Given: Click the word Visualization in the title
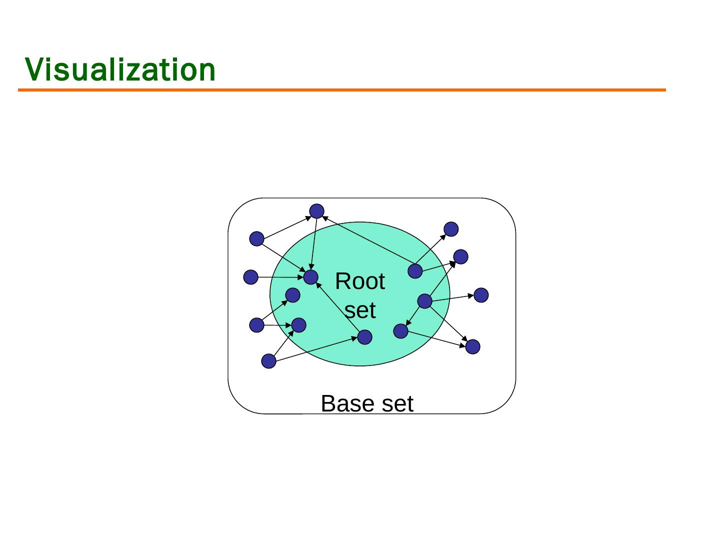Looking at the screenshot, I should (x=120, y=69).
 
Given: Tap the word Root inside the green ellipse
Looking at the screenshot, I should (x=360, y=281).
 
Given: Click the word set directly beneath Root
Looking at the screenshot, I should (x=360, y=310).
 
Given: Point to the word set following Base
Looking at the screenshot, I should (x=396, y=403).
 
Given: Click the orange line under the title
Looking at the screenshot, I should (x=342, y=90).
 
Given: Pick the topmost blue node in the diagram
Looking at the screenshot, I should (x=316, y=211).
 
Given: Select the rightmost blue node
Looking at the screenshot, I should (x=481, y=295).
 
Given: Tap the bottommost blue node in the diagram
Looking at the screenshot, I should (x=268, y=360).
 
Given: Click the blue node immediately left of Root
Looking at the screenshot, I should (x=310, y=277).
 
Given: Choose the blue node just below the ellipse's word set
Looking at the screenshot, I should (x=365, y=337).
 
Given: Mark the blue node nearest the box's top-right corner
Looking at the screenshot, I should (x=451, y=229).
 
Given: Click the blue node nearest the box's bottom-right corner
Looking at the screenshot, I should (x=472, y=346).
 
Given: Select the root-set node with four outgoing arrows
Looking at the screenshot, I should (x=424, y=301).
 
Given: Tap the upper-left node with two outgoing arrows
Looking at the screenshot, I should (x=256, y=239).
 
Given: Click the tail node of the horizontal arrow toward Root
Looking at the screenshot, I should (x=250, y=277).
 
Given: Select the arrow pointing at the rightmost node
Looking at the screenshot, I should (x=452, y=298).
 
